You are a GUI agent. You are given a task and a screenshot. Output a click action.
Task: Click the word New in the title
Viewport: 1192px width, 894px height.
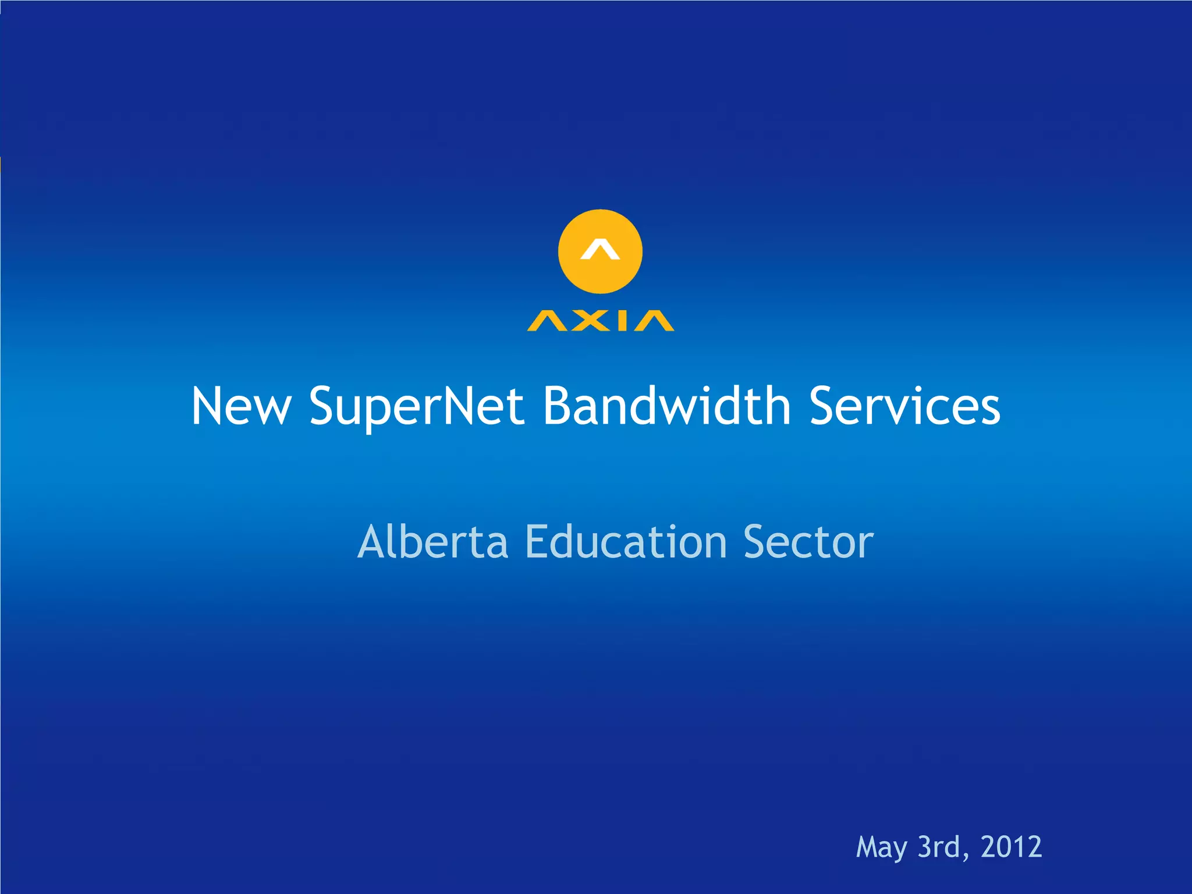coord(241,406)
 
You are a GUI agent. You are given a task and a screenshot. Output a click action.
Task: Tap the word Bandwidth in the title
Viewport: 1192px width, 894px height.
coord(667,406)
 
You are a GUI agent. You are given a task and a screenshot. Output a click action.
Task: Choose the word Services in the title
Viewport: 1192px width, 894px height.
coord(905,406)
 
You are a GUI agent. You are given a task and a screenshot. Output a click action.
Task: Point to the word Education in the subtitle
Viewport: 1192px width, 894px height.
coord(626,542)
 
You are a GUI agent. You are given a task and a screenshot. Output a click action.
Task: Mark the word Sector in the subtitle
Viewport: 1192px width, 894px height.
coord(808,542)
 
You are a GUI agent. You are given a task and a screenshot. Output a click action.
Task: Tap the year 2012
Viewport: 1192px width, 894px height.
coord(1011,847)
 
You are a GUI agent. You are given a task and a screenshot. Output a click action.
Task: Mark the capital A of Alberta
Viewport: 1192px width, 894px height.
coord(372,542)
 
